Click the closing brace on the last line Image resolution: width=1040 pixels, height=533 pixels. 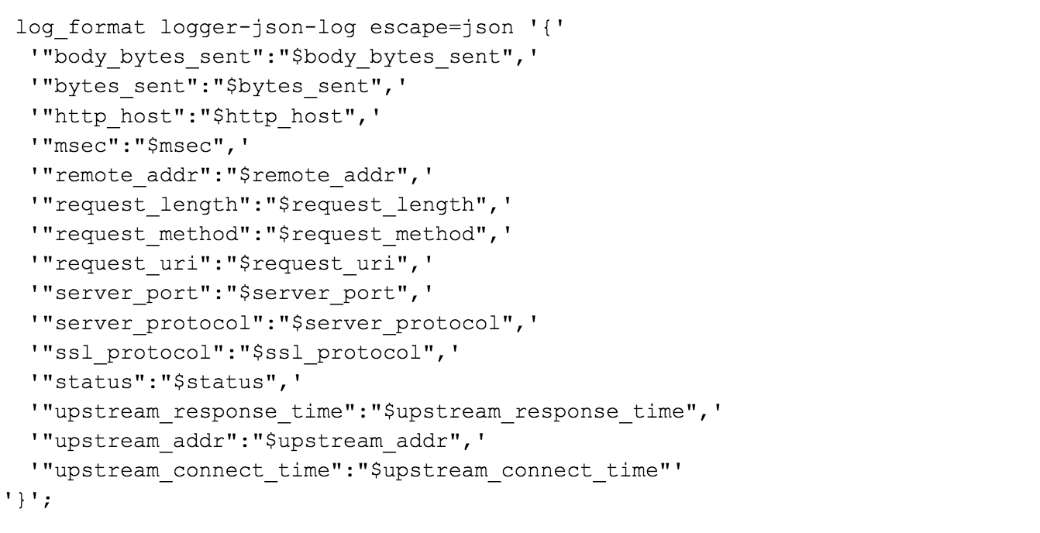[22, 499]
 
